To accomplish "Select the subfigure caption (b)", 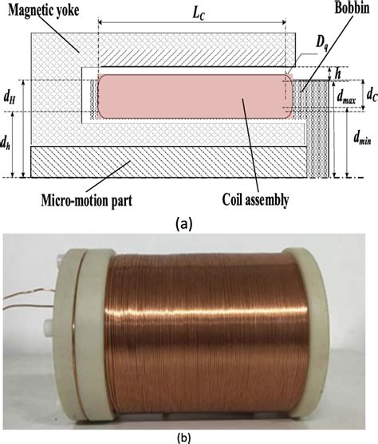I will pos(188,434).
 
